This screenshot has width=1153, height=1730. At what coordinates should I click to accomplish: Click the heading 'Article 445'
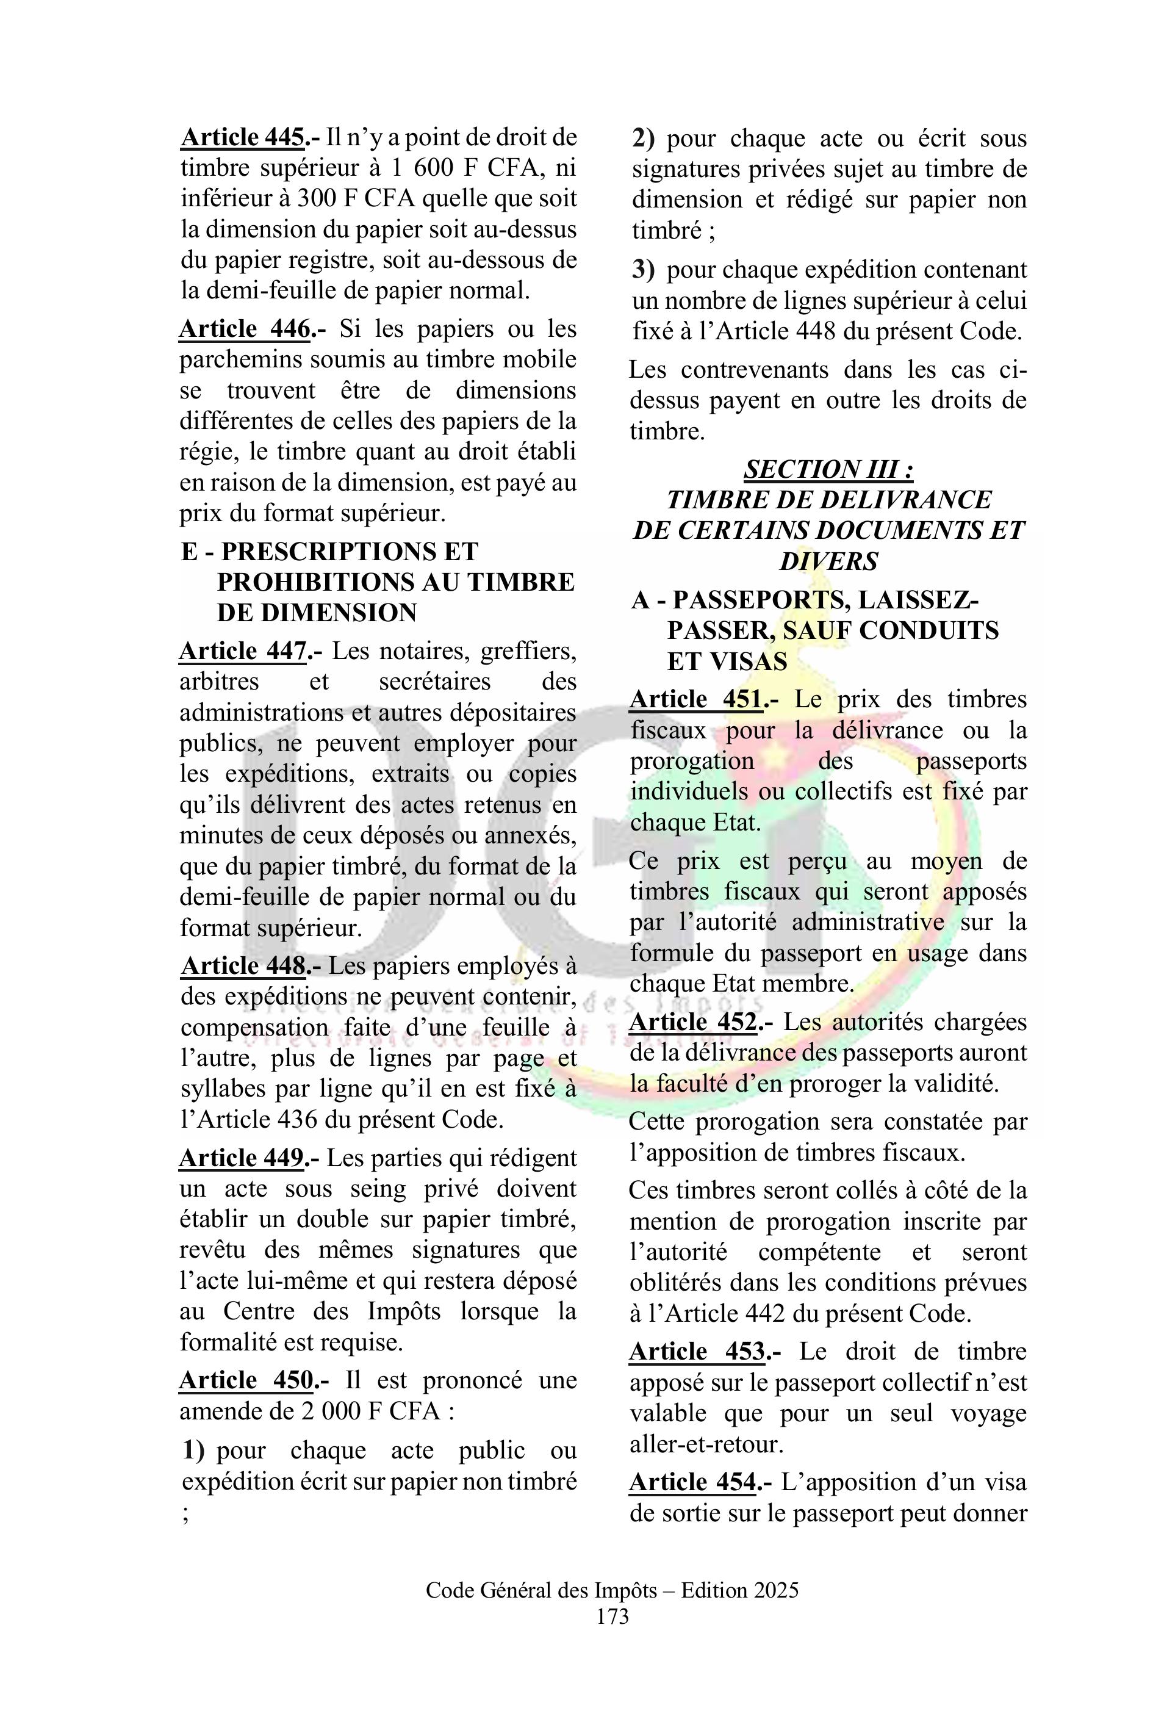click(x=243, y=137)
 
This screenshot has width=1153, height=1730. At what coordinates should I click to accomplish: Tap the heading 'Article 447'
click(x=243, y=651)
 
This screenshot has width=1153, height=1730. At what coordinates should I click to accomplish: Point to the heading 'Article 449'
click(x=243, y=1158)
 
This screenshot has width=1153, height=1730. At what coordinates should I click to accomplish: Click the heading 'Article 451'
click(x=695, y=699)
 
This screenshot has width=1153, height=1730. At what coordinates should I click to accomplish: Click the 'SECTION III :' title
click(x=828, y=469)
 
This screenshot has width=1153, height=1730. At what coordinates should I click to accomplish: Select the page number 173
click(x=612, y=1616)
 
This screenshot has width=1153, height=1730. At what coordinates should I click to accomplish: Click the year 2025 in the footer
click(x=775, y=1590)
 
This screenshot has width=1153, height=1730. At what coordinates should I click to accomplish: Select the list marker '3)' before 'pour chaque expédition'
click(x=644, y=270)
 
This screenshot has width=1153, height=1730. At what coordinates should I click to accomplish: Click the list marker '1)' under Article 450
click(x=193, y=1451)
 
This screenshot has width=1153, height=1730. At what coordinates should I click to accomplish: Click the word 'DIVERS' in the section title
click(x=828, y=562)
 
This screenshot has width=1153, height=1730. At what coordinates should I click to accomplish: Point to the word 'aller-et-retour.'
click(x=706, y=1444)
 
